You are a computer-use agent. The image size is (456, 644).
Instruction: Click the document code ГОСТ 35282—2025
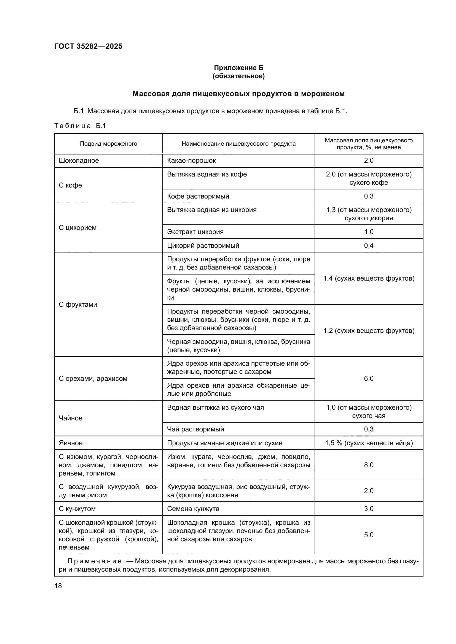pos(88,46)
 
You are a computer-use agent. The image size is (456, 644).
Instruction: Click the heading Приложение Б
pos(238,68)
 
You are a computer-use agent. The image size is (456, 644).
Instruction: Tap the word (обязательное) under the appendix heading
pos(238,76)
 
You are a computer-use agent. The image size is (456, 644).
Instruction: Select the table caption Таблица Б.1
pos(80,126)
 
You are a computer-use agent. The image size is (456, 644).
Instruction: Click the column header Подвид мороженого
pos(108,144)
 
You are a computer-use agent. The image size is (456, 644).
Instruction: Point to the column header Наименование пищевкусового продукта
pos(238,144)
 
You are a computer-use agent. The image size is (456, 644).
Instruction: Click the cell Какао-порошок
pos(191,161)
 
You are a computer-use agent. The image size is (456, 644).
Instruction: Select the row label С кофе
pos(70,185)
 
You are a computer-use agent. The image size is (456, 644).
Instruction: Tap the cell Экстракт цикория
pos(195,232)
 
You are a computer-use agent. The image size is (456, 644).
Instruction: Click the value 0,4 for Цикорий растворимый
pos(368,245)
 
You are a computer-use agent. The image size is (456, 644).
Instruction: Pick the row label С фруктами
pos(78,304)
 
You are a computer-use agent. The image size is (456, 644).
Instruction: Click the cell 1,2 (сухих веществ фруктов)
pos(369,330)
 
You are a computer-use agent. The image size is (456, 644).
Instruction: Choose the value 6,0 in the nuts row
pos(368,378)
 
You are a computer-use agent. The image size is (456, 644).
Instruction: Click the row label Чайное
pos(71,418)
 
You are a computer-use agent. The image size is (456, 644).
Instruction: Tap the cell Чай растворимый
pos(195,429)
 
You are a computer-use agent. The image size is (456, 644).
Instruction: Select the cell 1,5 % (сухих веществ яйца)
pos(369,443)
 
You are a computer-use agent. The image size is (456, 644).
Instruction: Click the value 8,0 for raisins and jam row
pos(368,465)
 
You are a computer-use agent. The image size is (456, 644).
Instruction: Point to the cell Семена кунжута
pos(193,509)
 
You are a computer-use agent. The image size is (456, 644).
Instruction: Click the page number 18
pos(58,586)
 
